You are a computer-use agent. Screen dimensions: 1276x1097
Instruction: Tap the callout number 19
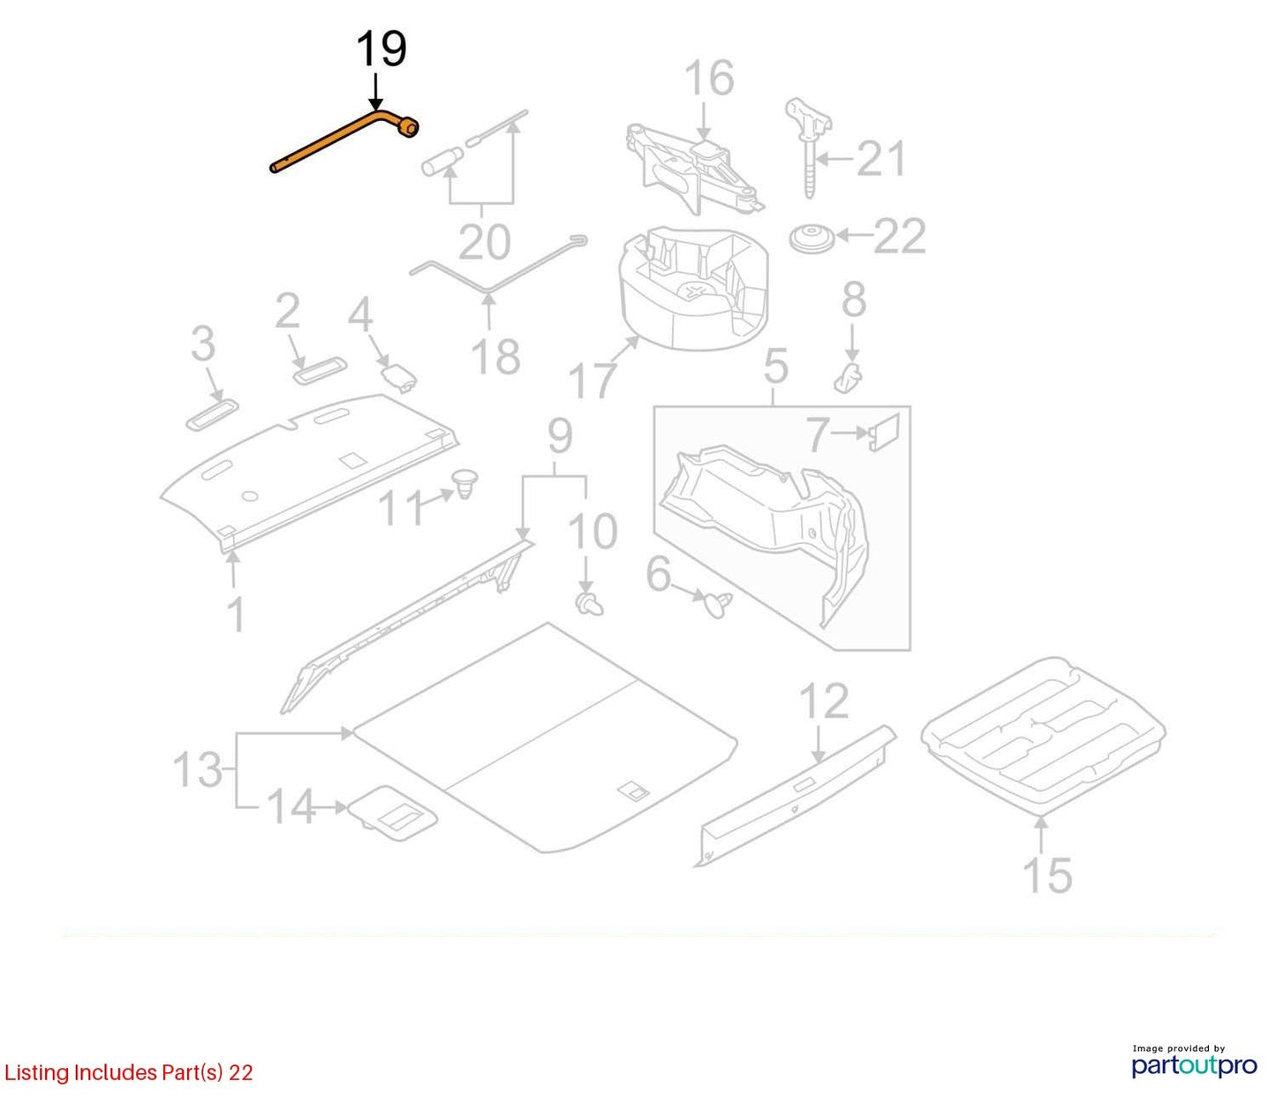point(381,50)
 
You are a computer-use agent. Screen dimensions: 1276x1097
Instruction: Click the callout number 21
point(881,158)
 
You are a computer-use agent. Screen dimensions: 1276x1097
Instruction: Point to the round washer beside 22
point(812,238)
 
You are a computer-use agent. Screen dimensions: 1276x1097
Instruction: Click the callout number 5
point(775,367)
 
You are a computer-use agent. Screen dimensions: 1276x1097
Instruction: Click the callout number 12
point(824,701)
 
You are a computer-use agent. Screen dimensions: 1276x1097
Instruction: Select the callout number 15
point(1047,874)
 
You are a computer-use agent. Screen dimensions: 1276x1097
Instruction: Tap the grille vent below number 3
point(212,415)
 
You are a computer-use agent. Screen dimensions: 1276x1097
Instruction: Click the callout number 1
point(236,614)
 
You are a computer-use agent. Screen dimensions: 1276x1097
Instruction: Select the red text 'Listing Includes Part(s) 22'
point(128,1073)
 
